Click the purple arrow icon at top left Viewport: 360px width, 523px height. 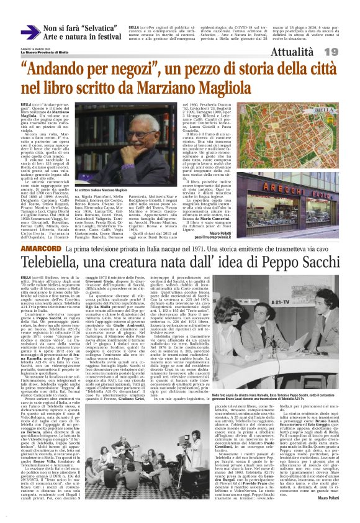point(30,32)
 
